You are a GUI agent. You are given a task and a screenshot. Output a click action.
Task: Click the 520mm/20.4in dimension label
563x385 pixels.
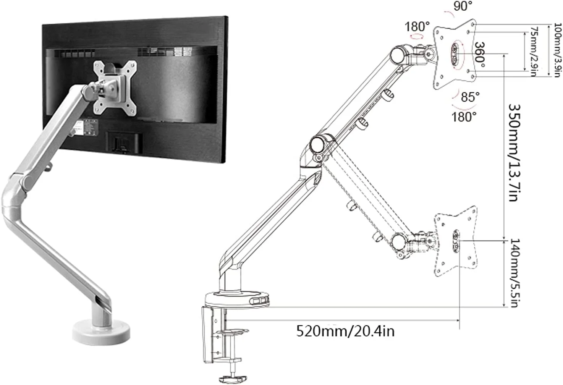pos(345,332)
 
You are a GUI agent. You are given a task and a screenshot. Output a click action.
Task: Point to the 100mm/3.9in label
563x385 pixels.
pos(557,50)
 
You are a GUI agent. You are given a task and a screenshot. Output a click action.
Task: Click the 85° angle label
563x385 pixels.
pos(470,97)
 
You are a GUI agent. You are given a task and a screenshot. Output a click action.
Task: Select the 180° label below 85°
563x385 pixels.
pos(464,117)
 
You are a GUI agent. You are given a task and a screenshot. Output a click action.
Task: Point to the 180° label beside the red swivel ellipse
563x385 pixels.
pos(417,27)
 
